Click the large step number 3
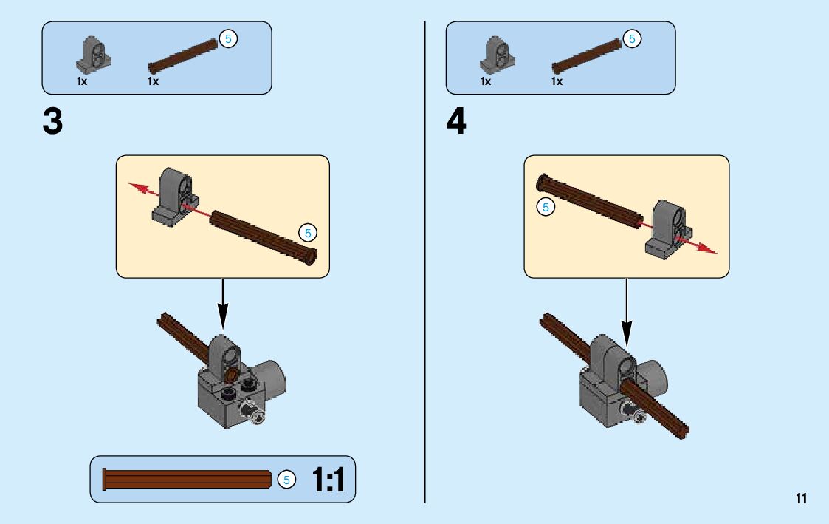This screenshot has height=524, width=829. click(x=52, y=121)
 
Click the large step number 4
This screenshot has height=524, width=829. click(x=456, y=121)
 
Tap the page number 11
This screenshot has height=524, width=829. click(x=801, y=497)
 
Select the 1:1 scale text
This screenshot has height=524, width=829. click(x=328, y=479)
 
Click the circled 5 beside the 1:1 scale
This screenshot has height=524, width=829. click(x=286, y=480)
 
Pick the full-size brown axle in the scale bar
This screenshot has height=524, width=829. click(x=188, y=480)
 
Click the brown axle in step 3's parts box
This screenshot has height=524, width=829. click(x=185, y=56)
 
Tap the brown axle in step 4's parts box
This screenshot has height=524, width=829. click(x=588, y=56)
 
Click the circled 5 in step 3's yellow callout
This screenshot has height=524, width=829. click(x=308, y=234)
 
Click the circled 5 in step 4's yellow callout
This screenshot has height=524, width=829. click(x=546, y=208)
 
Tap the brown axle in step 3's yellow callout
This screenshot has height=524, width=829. click(x=263, y=236)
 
